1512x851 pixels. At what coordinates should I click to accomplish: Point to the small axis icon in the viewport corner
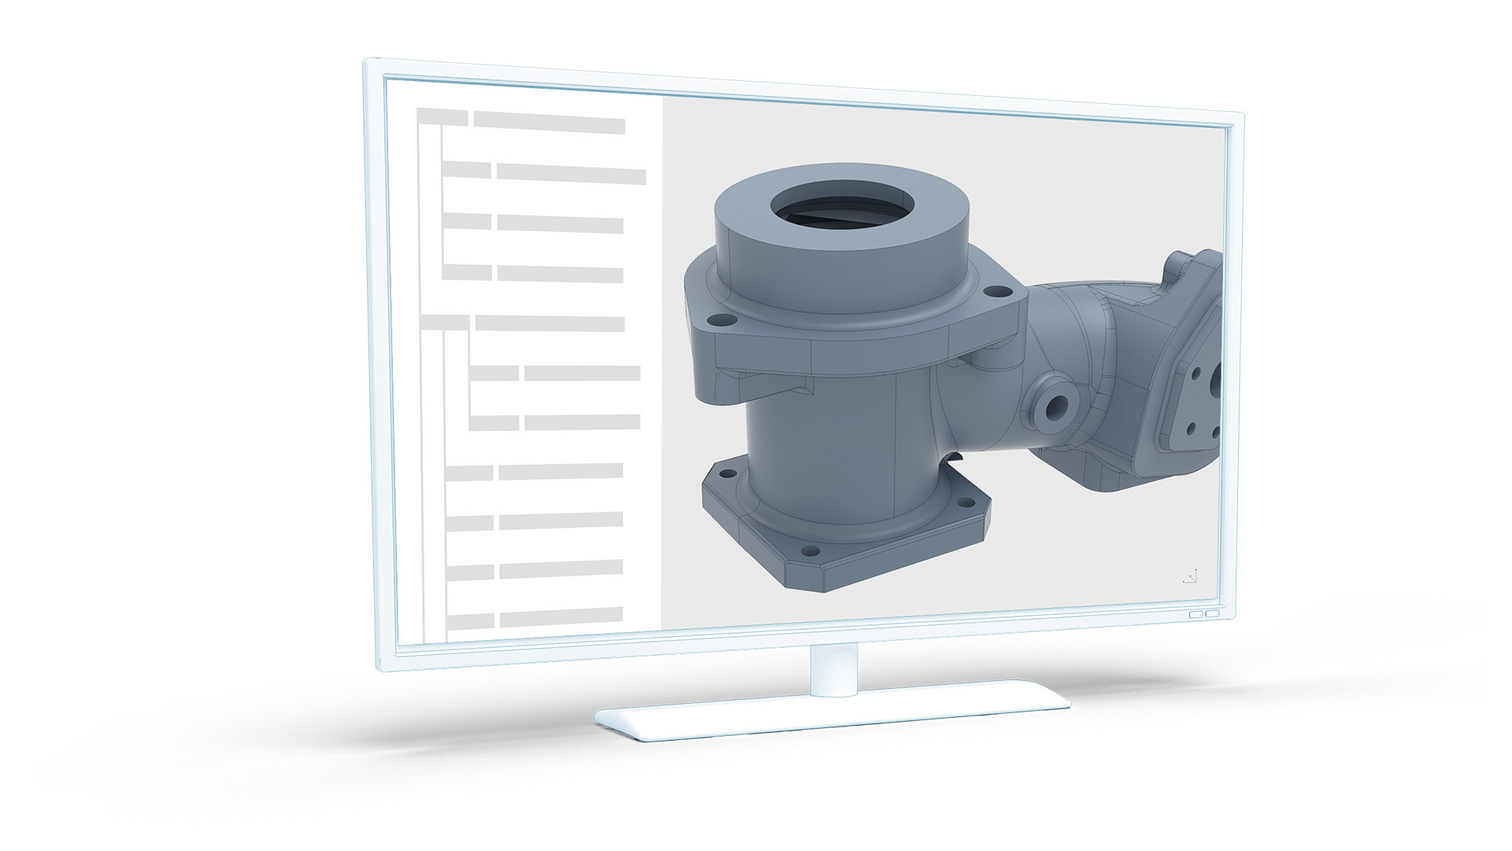[x=1190, y=577]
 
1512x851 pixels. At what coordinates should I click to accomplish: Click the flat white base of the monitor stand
[x=831, y=717]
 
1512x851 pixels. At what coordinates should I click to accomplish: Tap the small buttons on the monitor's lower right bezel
[x=1203, y=613]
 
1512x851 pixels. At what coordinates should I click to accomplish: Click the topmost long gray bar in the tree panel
[x=549, y=124]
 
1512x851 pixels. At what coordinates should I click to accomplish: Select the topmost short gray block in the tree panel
[x=442, y=117]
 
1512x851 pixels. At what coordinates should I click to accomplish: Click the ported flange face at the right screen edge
[x=1193, y=394]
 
